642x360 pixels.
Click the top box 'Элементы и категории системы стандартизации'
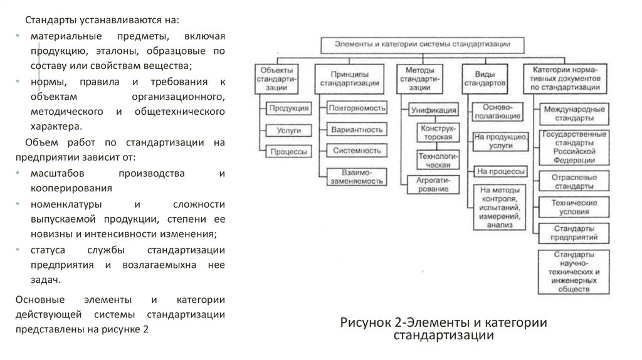422,44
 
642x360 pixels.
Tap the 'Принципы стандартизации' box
349,78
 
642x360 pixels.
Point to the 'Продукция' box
288,109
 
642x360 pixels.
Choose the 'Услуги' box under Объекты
288,130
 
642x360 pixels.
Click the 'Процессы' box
288,151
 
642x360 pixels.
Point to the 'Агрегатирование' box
431,184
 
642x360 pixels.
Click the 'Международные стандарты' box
574,114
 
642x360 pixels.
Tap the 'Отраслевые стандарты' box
574,182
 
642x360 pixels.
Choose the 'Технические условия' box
574,208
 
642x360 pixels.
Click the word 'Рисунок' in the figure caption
365,323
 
